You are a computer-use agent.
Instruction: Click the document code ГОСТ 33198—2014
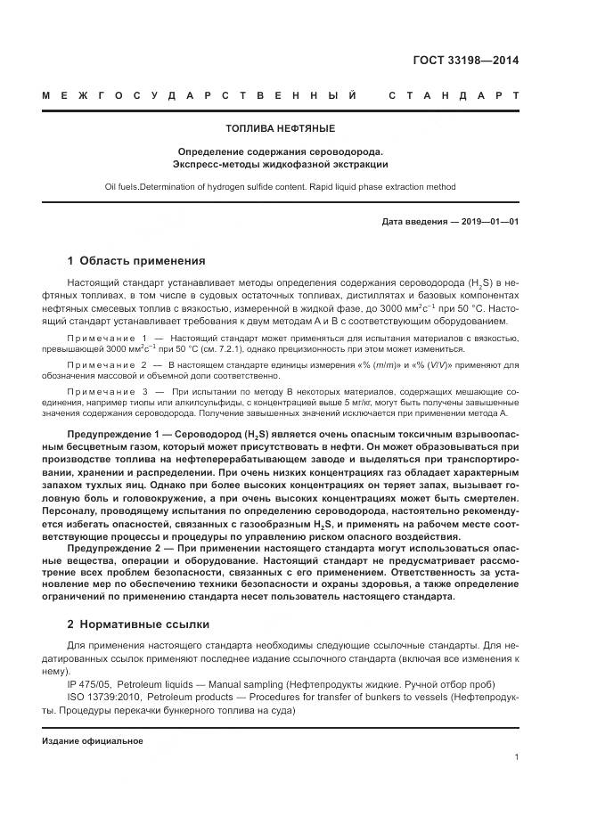pyautogui.click(x=465, y=61)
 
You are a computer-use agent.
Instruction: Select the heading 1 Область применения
pyautogui.click(x=135, y=261)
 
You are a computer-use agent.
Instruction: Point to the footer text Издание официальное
pyautogui.click(x=92, y=740)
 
